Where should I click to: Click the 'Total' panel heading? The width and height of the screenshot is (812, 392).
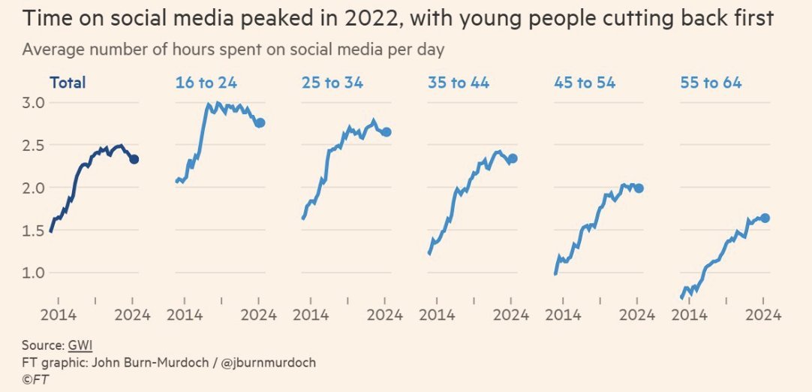pos(68,83)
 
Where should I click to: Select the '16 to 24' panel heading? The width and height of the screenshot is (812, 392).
pos(206,83)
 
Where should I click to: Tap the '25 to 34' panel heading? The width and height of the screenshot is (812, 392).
pos(332,83)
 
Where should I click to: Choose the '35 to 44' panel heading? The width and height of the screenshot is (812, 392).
pos(458,83)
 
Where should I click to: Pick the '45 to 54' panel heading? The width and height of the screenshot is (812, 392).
pos(584,83)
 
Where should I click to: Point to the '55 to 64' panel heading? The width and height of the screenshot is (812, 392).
pos(710,83)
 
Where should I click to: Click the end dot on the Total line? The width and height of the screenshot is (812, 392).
pos(134,159)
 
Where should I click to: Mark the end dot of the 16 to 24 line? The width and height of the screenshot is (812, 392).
pos(260,123)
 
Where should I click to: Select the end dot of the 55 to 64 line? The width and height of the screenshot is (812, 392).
pos(765,218)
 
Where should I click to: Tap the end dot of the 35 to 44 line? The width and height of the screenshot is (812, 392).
pos(513,158)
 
